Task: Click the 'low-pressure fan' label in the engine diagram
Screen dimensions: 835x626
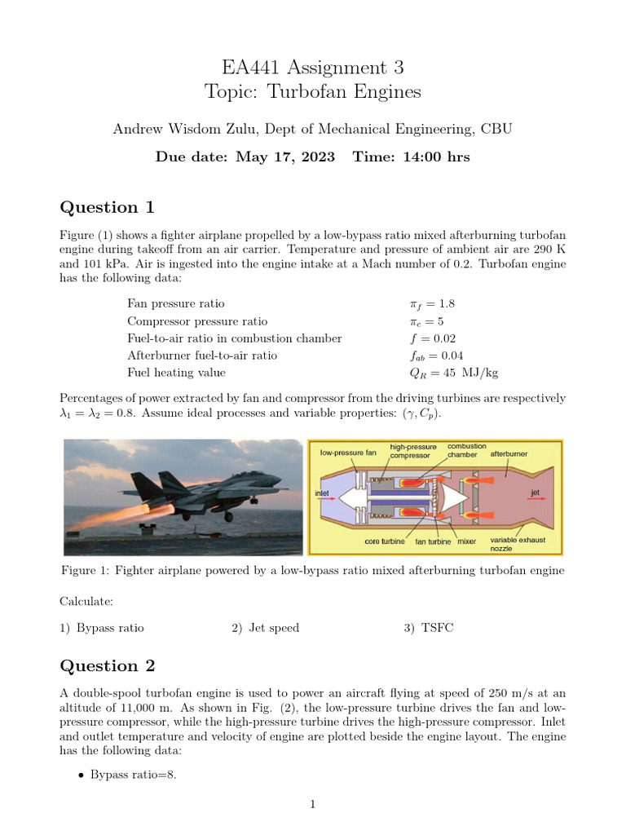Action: tap(348, 452)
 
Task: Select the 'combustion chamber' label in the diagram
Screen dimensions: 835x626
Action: tap(467, 450)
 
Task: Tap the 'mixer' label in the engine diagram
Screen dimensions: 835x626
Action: tap(466, 541)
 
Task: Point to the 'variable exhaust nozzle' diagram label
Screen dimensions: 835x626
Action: tap(518, 544)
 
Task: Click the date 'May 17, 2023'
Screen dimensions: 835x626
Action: tap(284, 157)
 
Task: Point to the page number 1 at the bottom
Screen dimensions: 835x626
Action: tap(312, 805)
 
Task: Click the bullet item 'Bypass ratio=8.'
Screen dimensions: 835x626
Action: tap(133, 775)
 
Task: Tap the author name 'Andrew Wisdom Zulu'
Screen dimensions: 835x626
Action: tap(179, 129)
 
